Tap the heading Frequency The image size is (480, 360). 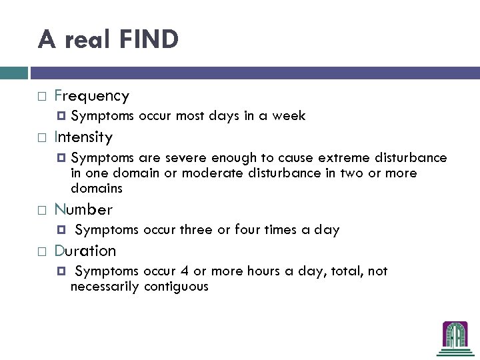click(91, 96)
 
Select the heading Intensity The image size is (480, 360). click(83, 137)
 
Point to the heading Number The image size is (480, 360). click(83, 209)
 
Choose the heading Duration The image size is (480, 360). click(85, 251)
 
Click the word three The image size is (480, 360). click(195, 230)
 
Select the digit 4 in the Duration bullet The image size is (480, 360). click(184, 271)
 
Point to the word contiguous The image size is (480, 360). click(175, 287)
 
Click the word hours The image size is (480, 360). click(250, 271)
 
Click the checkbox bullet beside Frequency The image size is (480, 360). click(41, 97)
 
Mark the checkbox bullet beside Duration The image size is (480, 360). click(41, 251)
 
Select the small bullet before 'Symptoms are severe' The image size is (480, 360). click(62, 158)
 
